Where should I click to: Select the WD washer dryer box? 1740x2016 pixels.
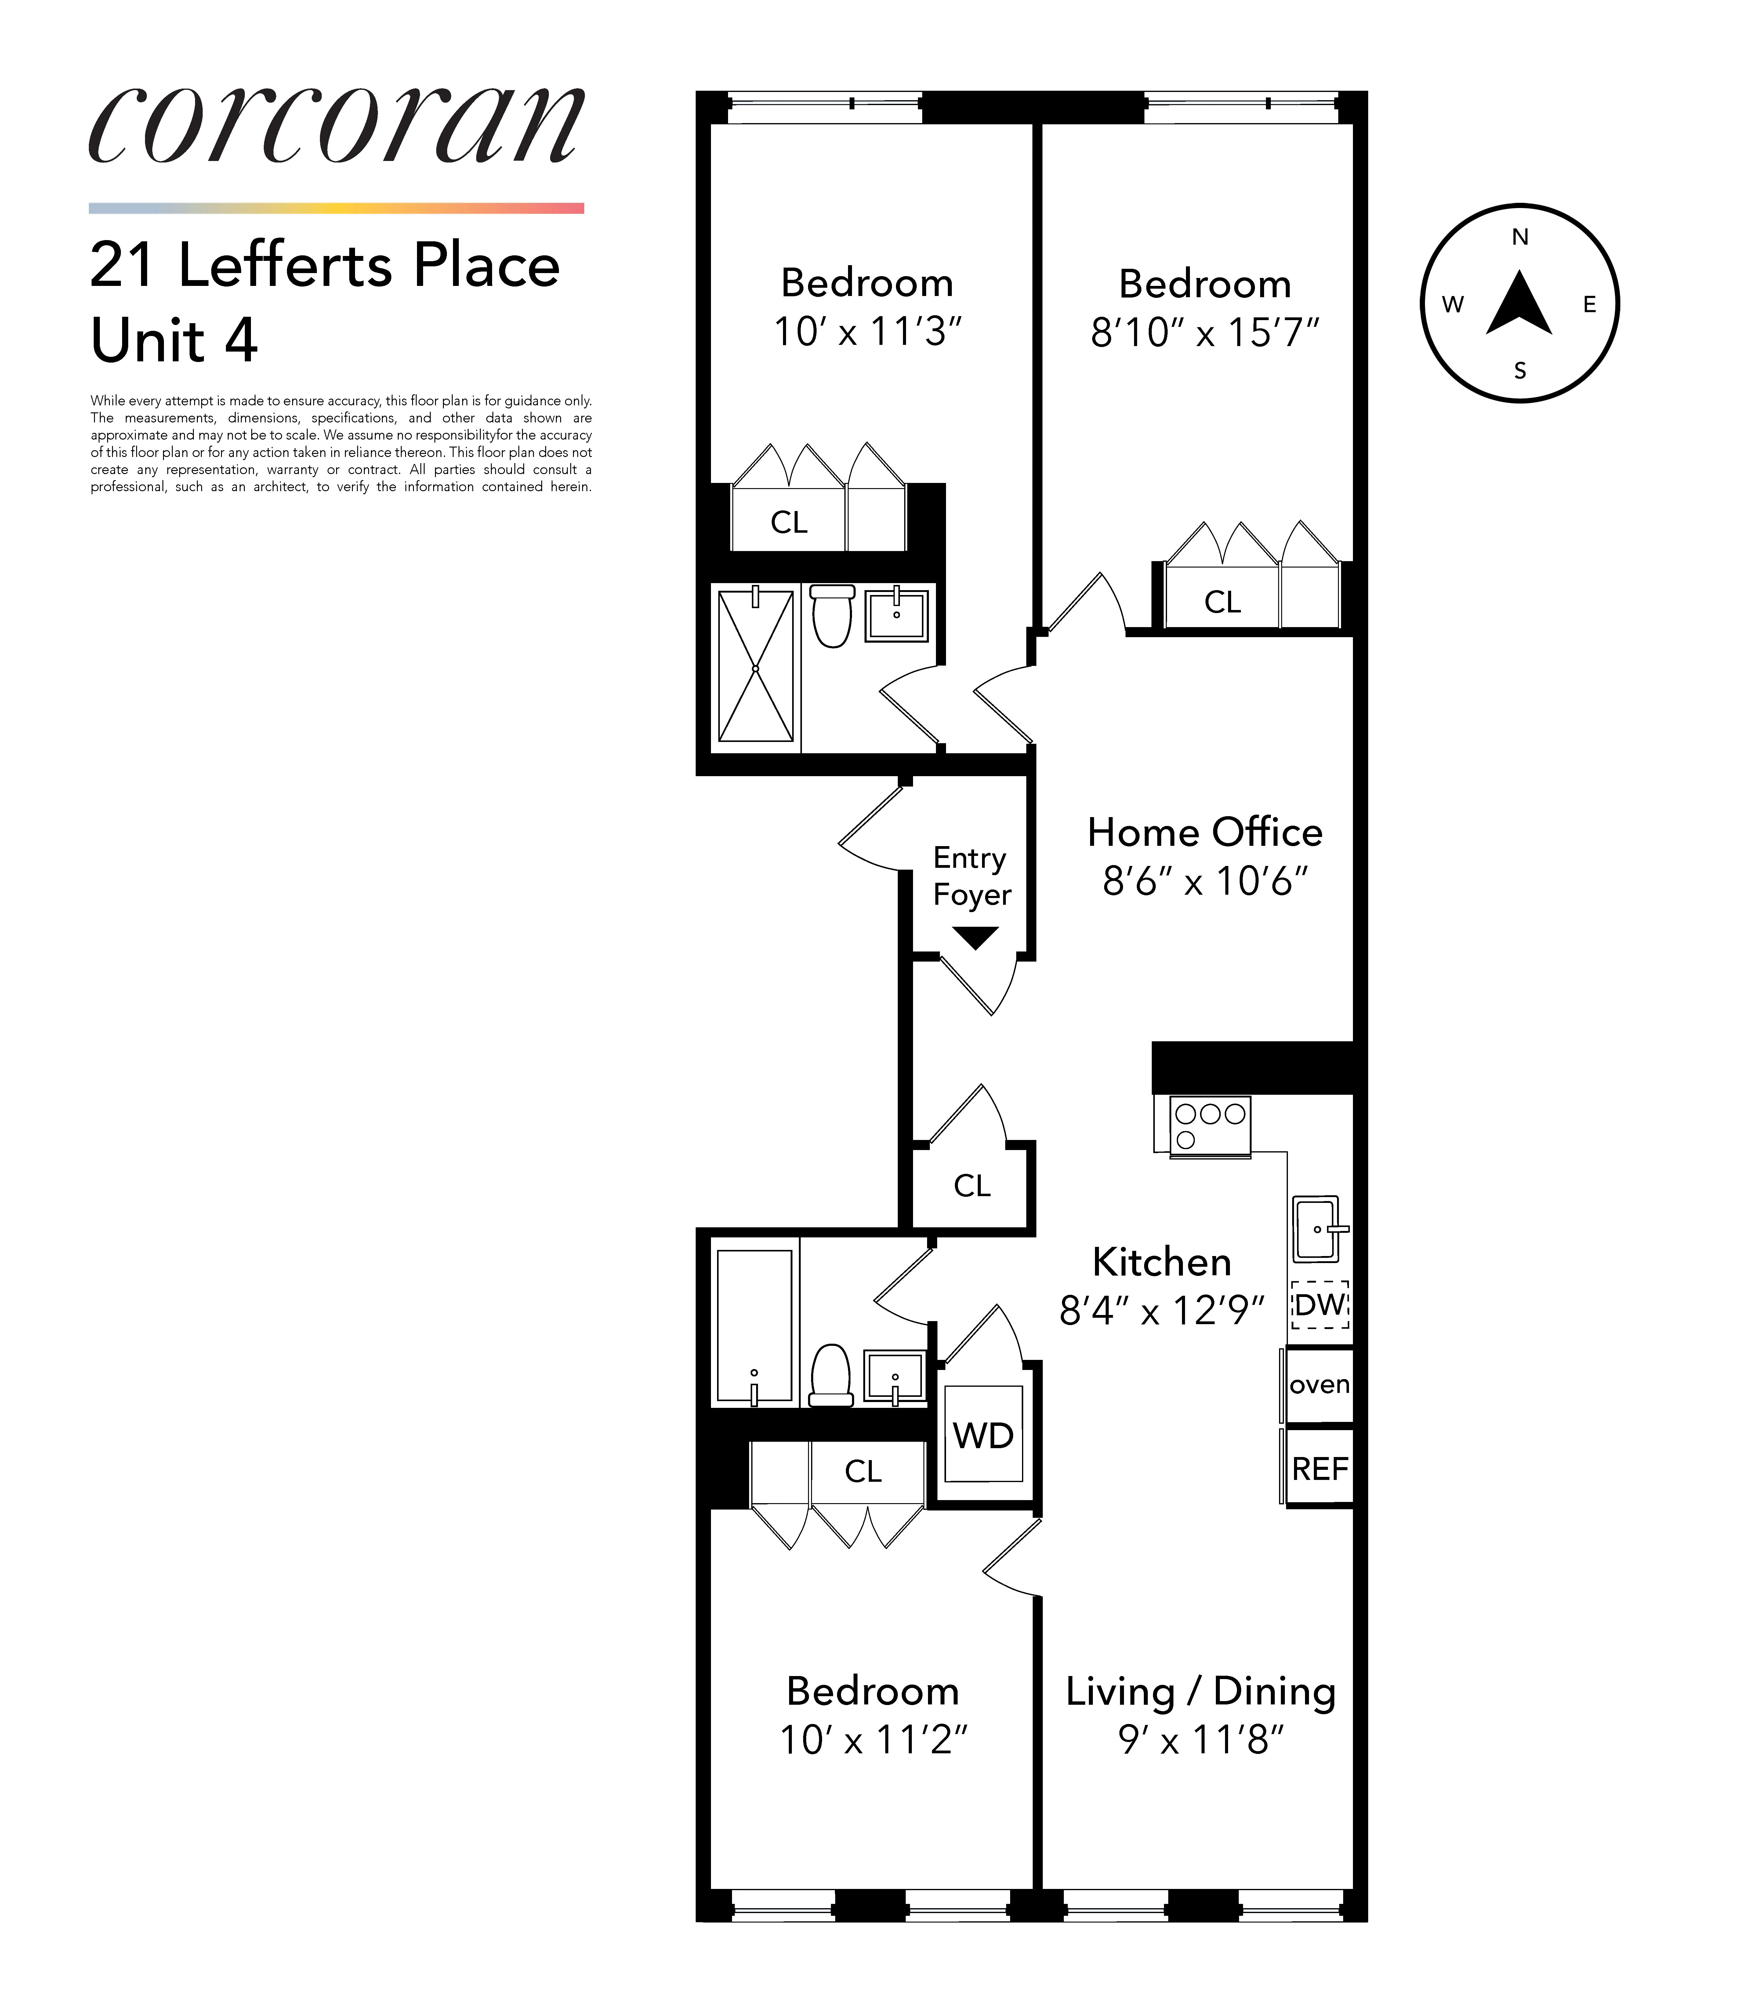[x=983, y=1435]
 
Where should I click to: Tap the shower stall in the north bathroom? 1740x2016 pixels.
[x=756, y=667]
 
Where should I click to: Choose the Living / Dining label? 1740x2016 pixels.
[x=1200, y=1691]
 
